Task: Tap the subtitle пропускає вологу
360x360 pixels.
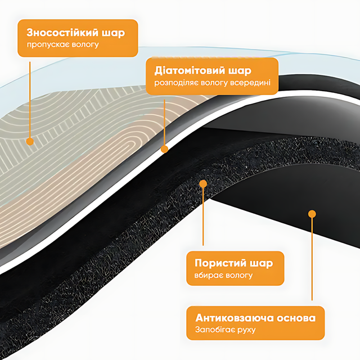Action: click(x=63, y=44)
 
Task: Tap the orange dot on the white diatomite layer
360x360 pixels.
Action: click(x=164, y=149)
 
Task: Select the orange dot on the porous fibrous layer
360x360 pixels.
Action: click(x=204, y=184)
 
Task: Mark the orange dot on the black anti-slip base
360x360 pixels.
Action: click(x=312, y=213)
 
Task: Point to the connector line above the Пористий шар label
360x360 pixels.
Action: click(x=204, y=219)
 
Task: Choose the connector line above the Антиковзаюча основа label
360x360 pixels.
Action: click(x=312, y=259)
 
